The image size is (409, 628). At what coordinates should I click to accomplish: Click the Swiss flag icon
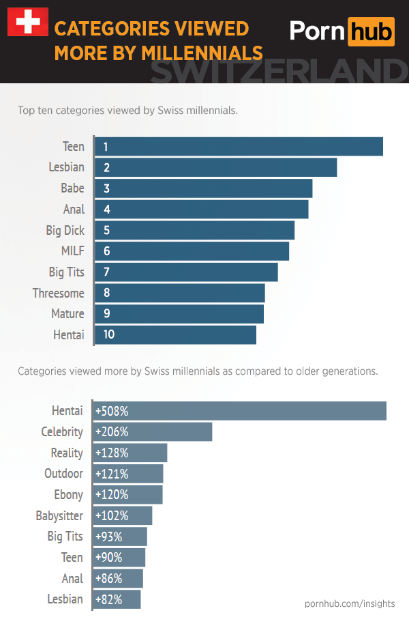(x=27, y=23)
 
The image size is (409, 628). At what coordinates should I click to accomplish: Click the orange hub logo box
(x=371, y=31)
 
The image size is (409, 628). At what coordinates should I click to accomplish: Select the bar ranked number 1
(x=239, y=147)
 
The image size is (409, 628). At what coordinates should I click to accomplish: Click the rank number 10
(x=109, y=334)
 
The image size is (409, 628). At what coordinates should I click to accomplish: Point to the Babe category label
(x=72, y=188)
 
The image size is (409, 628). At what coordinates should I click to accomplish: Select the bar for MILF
(x=192, y=251)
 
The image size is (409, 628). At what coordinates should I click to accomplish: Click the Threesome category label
(x=59, y=293)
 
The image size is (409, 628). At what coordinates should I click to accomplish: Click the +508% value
(x=112, y=411)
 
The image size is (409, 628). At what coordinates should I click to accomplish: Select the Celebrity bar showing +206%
(x=153, y=432)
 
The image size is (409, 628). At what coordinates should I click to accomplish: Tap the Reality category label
(x=67, y=453)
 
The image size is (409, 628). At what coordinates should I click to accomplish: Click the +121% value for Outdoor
(x=111, y=474)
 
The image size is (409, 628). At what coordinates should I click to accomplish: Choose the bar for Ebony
(x=127, y=495)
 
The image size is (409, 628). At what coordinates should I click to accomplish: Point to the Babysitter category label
(x=59, y=515)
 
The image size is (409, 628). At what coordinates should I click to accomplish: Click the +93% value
(x=108, y=537)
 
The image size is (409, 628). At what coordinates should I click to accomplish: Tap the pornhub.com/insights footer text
(x=350, y=603)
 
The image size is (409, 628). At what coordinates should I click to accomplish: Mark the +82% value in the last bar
(x=108, y=599)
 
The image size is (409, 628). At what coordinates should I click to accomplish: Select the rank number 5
(x=107, y=230)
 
